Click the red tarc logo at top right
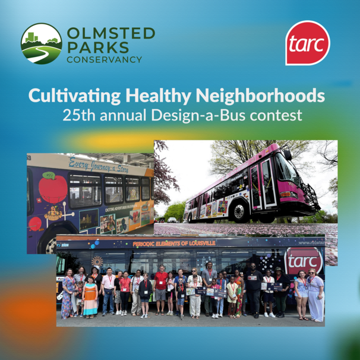(x=307, y=43)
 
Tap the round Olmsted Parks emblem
(x=41, y=44)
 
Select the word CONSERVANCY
(x=104, y=59)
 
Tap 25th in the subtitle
(x=78, y=115)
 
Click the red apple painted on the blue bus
(x=53, y=188)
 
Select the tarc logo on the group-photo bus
(x=303, y=260)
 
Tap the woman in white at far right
(x=315, y=295)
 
